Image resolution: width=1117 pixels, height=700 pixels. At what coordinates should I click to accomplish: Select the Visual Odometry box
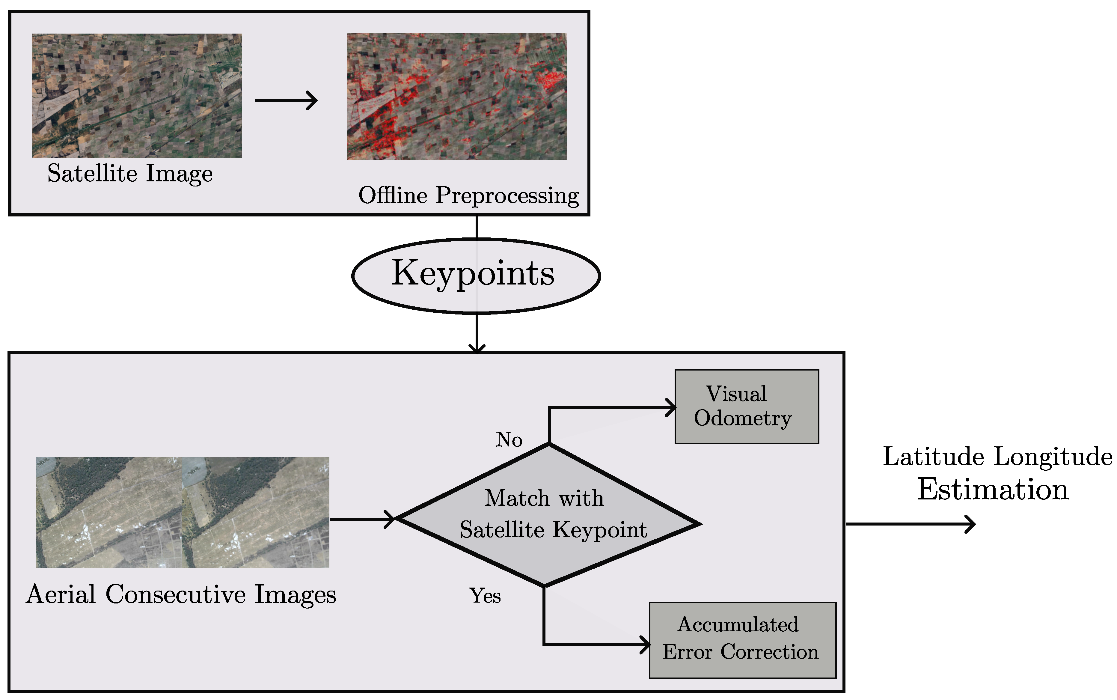746,407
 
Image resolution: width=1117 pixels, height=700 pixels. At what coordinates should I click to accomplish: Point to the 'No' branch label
509,439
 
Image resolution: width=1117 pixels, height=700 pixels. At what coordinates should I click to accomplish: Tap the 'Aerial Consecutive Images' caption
181,594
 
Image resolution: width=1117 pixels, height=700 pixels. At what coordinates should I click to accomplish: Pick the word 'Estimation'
993,490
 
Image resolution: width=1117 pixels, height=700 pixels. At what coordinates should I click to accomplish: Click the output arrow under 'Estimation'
909,524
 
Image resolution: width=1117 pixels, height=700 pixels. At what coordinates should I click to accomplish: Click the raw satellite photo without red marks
136,95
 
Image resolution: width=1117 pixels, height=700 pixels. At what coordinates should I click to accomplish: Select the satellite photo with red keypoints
457,96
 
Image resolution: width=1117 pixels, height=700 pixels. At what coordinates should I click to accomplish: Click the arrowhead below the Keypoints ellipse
477,348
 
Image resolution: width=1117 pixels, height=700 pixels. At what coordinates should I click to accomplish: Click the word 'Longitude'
1053,457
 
